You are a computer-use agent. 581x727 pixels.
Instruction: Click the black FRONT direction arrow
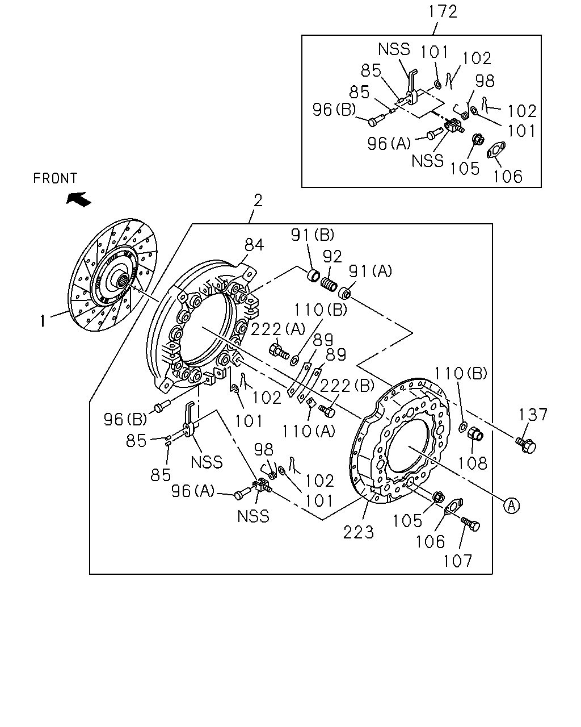[79, 199]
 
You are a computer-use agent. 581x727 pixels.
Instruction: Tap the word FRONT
[56, 178]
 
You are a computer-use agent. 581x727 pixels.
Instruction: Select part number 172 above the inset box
[443, 11]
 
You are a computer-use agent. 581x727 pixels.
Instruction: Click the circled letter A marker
[511, 505]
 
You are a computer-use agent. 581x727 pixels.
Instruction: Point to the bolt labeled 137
[526, 445]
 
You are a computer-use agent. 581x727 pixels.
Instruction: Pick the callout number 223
[359, 533]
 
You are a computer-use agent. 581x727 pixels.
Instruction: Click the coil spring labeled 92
[329, 284]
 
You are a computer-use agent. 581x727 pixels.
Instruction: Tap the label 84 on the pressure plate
[254, 245]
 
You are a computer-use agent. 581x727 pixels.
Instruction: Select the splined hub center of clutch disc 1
[124, 280]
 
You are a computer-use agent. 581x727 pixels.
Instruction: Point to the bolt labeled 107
[470, 524]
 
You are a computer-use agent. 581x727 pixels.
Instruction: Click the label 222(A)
[278, 329]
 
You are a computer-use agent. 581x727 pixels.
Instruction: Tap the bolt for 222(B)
[327, 411]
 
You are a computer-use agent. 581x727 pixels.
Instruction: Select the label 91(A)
[370, 271]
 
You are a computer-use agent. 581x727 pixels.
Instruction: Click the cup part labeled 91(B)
[314, 274]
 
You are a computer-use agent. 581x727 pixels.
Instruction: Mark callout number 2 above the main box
[258, 200]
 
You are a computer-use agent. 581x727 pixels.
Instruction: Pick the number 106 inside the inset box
[508, 176]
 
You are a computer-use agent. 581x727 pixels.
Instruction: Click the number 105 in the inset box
[465, 168]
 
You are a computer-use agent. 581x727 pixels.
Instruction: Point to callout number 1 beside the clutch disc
[43, 321]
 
